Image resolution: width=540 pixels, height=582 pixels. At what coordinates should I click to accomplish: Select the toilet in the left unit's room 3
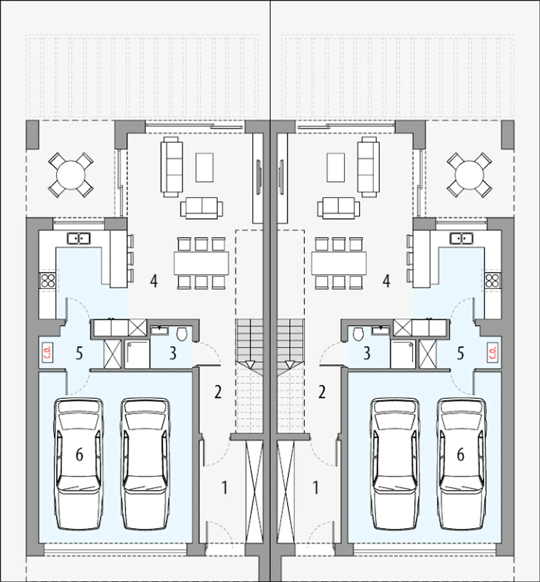pos(182,334)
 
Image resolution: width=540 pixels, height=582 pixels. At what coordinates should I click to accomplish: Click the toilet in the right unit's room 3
pos(358,334)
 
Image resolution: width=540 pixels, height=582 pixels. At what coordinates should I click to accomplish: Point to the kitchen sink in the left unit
pos(78,238)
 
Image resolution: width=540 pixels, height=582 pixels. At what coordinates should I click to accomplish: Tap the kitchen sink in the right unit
pos(462,238)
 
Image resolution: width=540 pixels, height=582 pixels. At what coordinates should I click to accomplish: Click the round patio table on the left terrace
pos(71,175)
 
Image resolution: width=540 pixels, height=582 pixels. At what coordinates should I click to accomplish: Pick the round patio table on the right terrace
pos(470,175)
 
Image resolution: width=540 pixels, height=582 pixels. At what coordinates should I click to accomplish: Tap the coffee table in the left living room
pos(205,167)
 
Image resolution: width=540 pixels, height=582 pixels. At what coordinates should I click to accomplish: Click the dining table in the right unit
pos(339,263)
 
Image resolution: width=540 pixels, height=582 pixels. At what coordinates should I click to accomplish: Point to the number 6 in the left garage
pos(79,455)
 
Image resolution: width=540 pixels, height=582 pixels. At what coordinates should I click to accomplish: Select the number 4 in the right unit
pos(386,281)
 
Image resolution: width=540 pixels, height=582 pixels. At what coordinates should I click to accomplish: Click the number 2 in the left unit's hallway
pos(218,392)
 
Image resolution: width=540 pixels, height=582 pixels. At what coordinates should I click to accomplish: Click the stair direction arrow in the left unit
pos(250,365)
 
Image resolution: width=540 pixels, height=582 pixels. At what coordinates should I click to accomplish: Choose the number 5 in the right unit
pos(460,353)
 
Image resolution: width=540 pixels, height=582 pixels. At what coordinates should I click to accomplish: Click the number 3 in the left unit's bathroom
pos(173,353)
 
